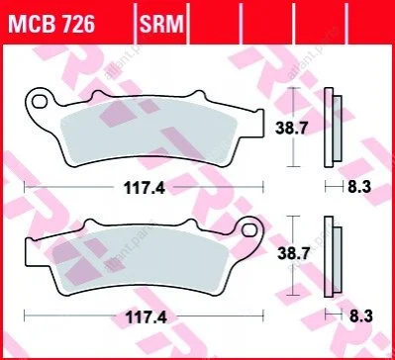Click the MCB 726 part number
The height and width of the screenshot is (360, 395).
click(51, 24)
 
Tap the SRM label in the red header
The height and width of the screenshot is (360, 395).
click(161, 24)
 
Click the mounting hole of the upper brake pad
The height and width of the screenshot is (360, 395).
click(39, 101)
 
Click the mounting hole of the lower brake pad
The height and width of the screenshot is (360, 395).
click(248, 230)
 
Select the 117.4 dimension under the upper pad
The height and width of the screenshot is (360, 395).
click(145, 188)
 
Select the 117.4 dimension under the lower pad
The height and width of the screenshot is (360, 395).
click(146, 317)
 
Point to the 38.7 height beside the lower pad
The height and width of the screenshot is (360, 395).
click(294, 253)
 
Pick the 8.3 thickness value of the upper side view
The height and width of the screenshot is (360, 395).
click(359, 188)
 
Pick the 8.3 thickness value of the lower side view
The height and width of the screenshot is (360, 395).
click(360, 316)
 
